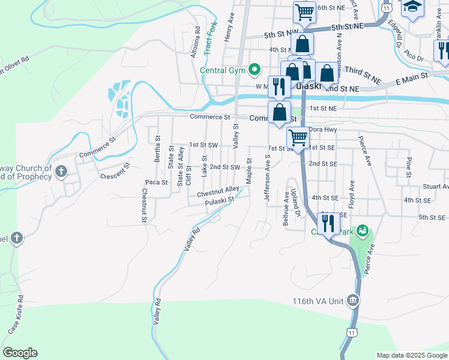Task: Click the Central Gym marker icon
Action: point(255,70)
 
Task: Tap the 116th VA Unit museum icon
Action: point(353,301)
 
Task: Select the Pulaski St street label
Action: point(218,203)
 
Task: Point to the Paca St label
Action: point(156,182)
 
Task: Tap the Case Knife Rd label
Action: point(16,315)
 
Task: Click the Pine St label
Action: point(409,164)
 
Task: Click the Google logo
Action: point(20,353)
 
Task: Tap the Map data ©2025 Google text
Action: point(411,355)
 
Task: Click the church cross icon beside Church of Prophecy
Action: point(60,172)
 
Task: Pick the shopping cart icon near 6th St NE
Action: point(304,11)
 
